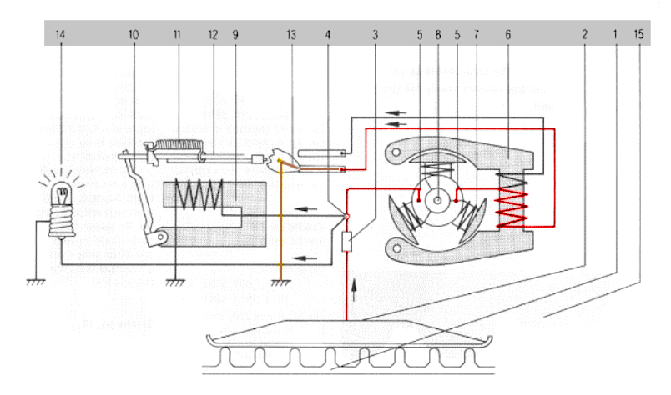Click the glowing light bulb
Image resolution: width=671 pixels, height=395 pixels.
(62, 209)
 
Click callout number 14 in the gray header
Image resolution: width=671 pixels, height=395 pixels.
(60, 35)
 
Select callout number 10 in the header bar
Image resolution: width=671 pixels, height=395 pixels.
(134, 35)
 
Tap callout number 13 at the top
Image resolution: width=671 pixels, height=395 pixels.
(291, 35)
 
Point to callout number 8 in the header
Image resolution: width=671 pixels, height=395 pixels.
(438, 35)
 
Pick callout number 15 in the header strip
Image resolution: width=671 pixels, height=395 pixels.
(638, 34)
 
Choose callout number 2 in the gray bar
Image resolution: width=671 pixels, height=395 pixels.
(584, 35)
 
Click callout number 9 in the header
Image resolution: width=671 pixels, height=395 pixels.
(235, 35)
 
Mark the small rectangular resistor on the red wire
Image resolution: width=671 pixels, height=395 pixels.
(346, 242)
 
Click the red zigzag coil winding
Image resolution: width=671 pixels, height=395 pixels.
(511, 208)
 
